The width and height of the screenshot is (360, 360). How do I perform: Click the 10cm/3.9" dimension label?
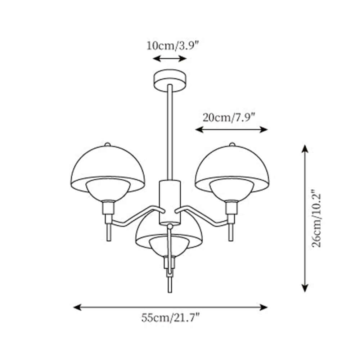[172, 46]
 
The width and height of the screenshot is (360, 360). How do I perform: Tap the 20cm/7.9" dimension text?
[229, 117]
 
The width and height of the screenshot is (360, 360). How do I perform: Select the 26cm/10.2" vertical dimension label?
[316, 218]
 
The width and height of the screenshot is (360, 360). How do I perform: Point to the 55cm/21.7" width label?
[170, 318]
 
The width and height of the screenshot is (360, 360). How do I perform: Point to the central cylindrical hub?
[170, 202]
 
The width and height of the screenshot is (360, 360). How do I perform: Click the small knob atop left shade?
[107, 144]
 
